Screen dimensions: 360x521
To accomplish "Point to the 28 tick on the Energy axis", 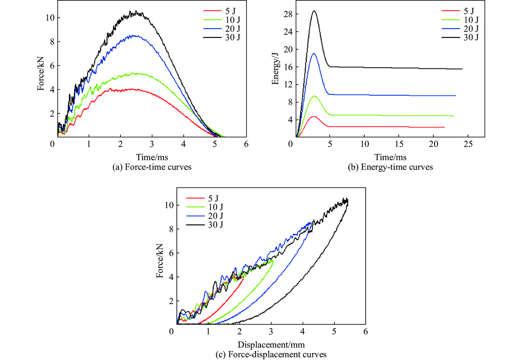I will pyautogui.click(x=288, y=14).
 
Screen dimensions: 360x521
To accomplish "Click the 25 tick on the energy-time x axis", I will pyautogui.click(x=468, y=144).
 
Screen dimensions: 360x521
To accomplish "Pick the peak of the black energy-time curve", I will pyautogui.click(x=314, y=11).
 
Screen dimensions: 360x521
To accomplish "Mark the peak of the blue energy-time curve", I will pyautogui.click(x=314, y=53).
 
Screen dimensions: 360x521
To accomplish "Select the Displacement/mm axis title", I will pyautogui.click(x=271, y=345).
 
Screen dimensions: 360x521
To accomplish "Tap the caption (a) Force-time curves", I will pyautogui.click(x=152, y=167).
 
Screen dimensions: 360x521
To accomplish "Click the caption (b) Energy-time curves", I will pyautogui.click(x=390, y=167).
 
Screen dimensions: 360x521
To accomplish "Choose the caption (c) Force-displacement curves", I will pyautogui.click(x=271, y=354).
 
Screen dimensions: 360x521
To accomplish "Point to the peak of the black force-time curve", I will pyautogui.click(x=136, y=11).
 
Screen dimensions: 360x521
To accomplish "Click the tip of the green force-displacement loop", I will pyautogui.click(x=273, y=260).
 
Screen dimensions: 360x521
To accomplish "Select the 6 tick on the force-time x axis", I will pyautogui.click(x=246, y=144).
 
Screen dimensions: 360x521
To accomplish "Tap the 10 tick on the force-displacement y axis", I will pyautogui.click(x=169, y=205).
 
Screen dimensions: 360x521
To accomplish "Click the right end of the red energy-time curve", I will pyautogui.click(x=444, y=127).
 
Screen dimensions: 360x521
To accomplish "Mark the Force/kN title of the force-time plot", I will pyautogui.click(x=41, y=74).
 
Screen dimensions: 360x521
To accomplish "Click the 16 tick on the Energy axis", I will pyautogui.click(x=288, y=67).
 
